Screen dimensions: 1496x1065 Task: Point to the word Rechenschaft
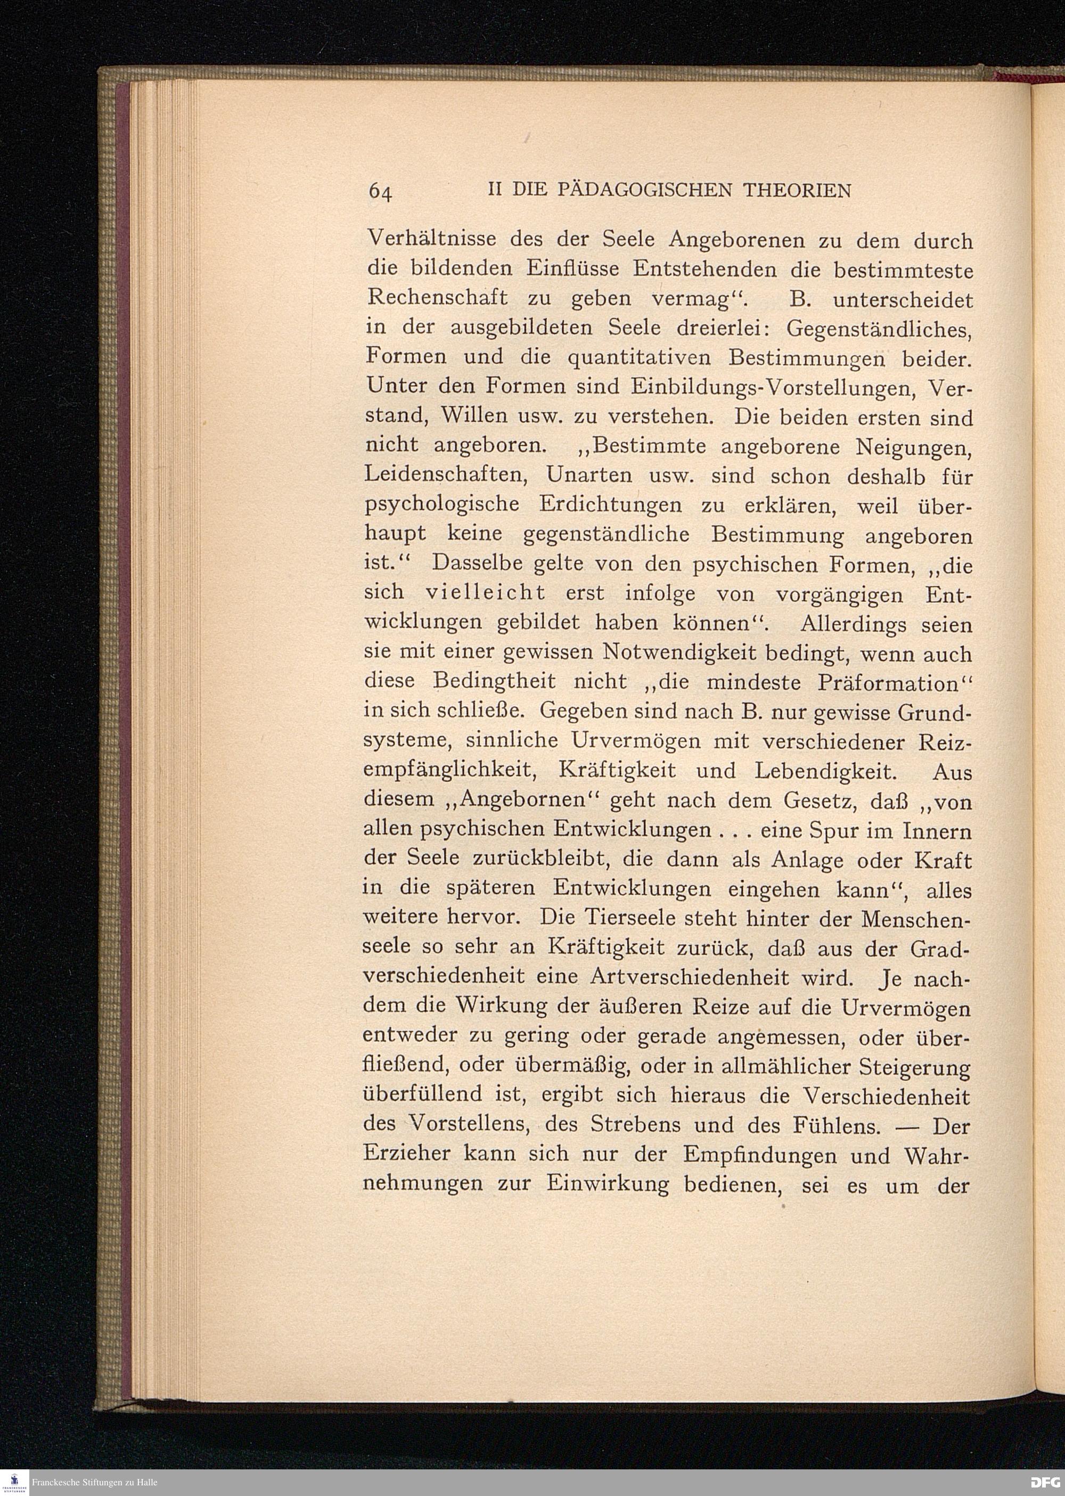click(437, 298)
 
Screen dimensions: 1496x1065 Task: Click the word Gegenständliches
click(879, 328)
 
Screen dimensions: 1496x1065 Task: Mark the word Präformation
click(888, 682)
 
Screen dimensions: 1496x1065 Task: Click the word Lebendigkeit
click(825, 771)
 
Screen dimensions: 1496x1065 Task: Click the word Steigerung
click(914, 1068)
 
